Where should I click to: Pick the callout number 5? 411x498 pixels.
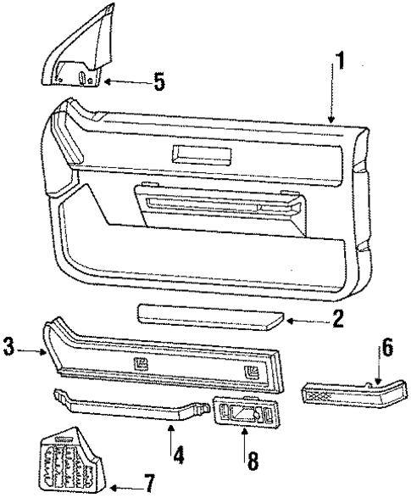158,82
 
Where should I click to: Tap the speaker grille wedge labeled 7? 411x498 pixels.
72,458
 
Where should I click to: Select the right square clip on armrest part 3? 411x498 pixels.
252,373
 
